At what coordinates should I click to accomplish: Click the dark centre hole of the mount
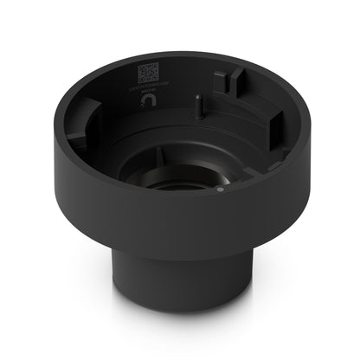(x=177, y=186)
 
